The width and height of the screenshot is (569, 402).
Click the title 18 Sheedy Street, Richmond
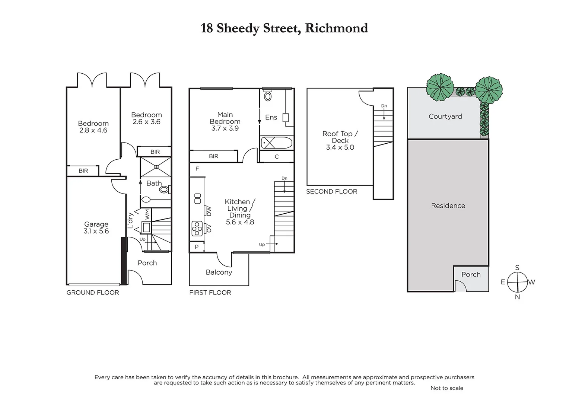284,28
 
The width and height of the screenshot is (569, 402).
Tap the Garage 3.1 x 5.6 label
96,227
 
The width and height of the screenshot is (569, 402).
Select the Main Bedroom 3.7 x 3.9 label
225,121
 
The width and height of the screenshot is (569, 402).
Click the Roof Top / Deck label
340,140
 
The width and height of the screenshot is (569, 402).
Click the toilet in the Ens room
268,96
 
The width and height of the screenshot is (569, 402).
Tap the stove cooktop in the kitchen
197,229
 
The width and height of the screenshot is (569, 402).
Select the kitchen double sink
197,198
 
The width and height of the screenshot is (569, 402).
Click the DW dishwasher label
209,211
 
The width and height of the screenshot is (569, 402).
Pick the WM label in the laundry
147,214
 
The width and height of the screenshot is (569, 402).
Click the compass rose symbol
517,282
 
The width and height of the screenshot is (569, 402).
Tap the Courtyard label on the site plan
445,117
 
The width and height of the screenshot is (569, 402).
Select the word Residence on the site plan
448,206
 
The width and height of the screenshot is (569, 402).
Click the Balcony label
219,272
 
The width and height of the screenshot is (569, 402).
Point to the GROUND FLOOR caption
93,293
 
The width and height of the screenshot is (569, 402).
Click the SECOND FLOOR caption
331,192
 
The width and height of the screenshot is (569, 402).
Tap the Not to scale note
446,388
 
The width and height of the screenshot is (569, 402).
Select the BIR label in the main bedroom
213,156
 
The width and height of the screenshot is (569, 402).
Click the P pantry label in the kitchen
197,247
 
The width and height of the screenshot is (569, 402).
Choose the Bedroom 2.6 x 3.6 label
146,118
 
